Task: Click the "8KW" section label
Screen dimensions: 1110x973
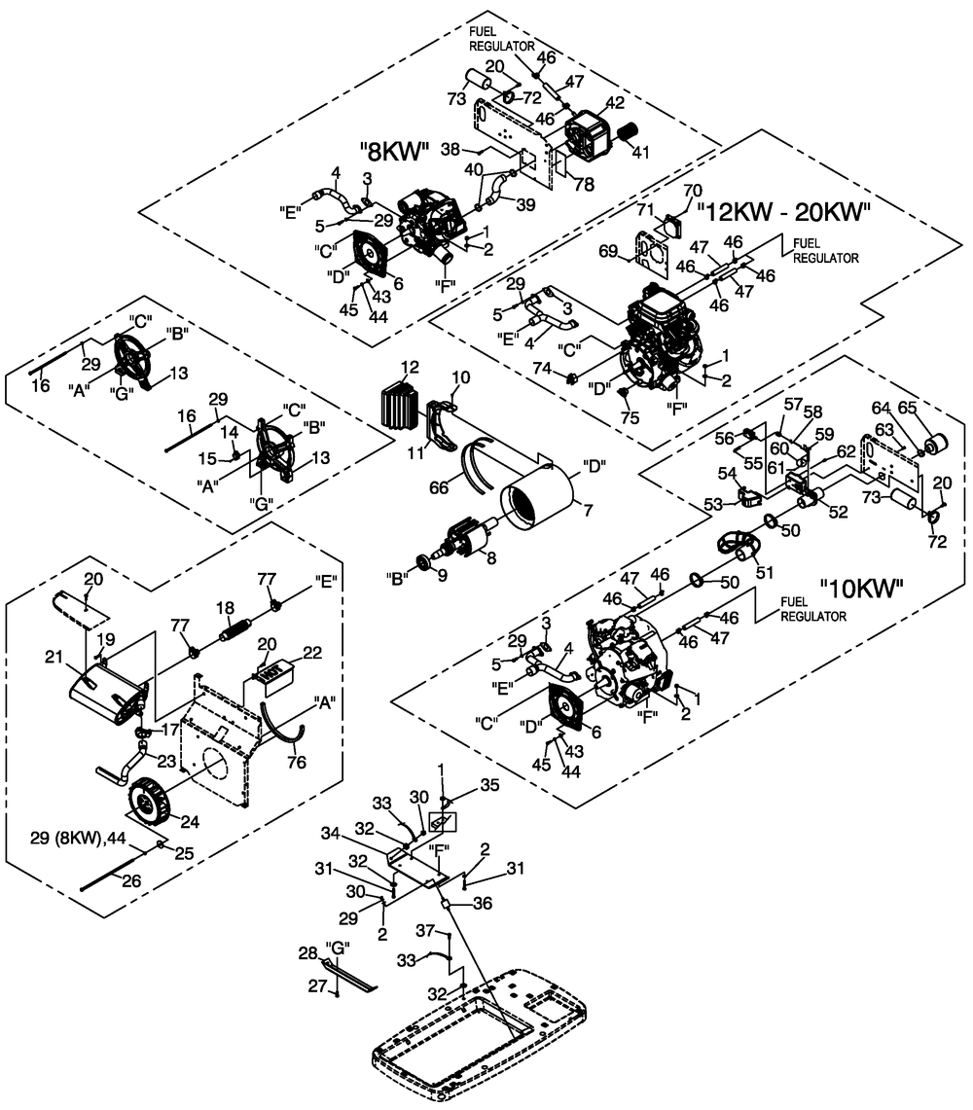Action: (x=394, y=151)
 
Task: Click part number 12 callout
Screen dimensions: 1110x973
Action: (x=410, y=367)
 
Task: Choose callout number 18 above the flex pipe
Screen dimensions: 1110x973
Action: (x=226, y=608)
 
